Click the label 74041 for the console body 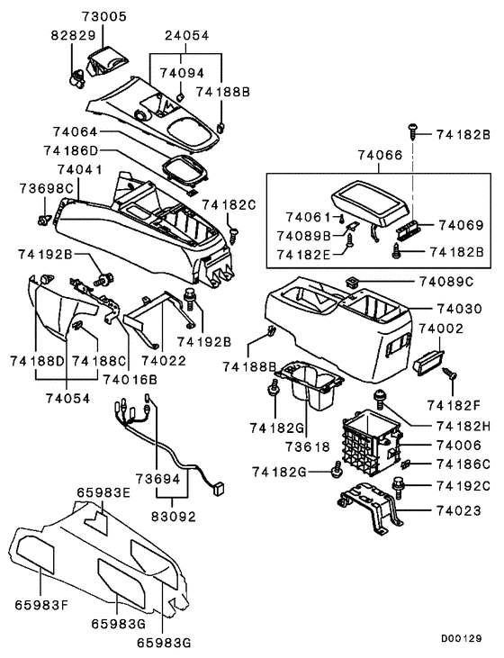[x=79, y=169]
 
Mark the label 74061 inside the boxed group [x=309, y=217]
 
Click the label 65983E [x=103, y=492]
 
